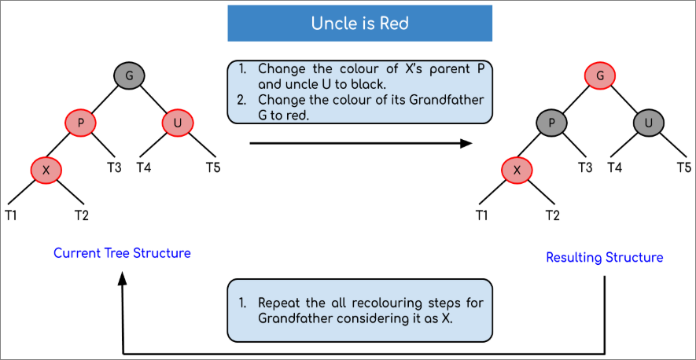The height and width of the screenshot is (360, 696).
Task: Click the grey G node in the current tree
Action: point(130,75)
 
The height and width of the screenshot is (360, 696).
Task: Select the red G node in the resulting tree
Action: point(600,75)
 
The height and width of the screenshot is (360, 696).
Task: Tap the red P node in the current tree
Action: point(80,123)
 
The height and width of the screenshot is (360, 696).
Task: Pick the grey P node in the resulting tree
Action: point(551,123)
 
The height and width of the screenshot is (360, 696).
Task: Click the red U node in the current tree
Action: point(178,123)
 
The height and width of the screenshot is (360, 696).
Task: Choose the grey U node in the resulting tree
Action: point(649,123)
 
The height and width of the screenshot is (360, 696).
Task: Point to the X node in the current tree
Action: point(46,170)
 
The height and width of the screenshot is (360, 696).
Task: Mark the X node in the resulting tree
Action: point(517,170)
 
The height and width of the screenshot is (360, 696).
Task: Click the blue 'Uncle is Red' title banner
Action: point(359,23)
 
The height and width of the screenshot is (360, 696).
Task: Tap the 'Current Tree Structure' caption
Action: point(122,253)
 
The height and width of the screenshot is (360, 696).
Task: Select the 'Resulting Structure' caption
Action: point(605,257)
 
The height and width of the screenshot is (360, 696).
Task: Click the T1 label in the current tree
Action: point(11,215)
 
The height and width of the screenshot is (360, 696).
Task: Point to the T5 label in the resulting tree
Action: point(684,167)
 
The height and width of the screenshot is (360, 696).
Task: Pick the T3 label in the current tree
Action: point(115,167)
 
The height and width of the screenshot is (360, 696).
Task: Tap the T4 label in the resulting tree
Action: point(614,167)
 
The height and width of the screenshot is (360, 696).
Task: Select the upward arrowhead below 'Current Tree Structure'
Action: point(123,279)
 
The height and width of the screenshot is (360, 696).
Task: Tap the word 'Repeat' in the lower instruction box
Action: point(276,303)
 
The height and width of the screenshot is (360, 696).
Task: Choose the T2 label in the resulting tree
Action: point(553,215)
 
